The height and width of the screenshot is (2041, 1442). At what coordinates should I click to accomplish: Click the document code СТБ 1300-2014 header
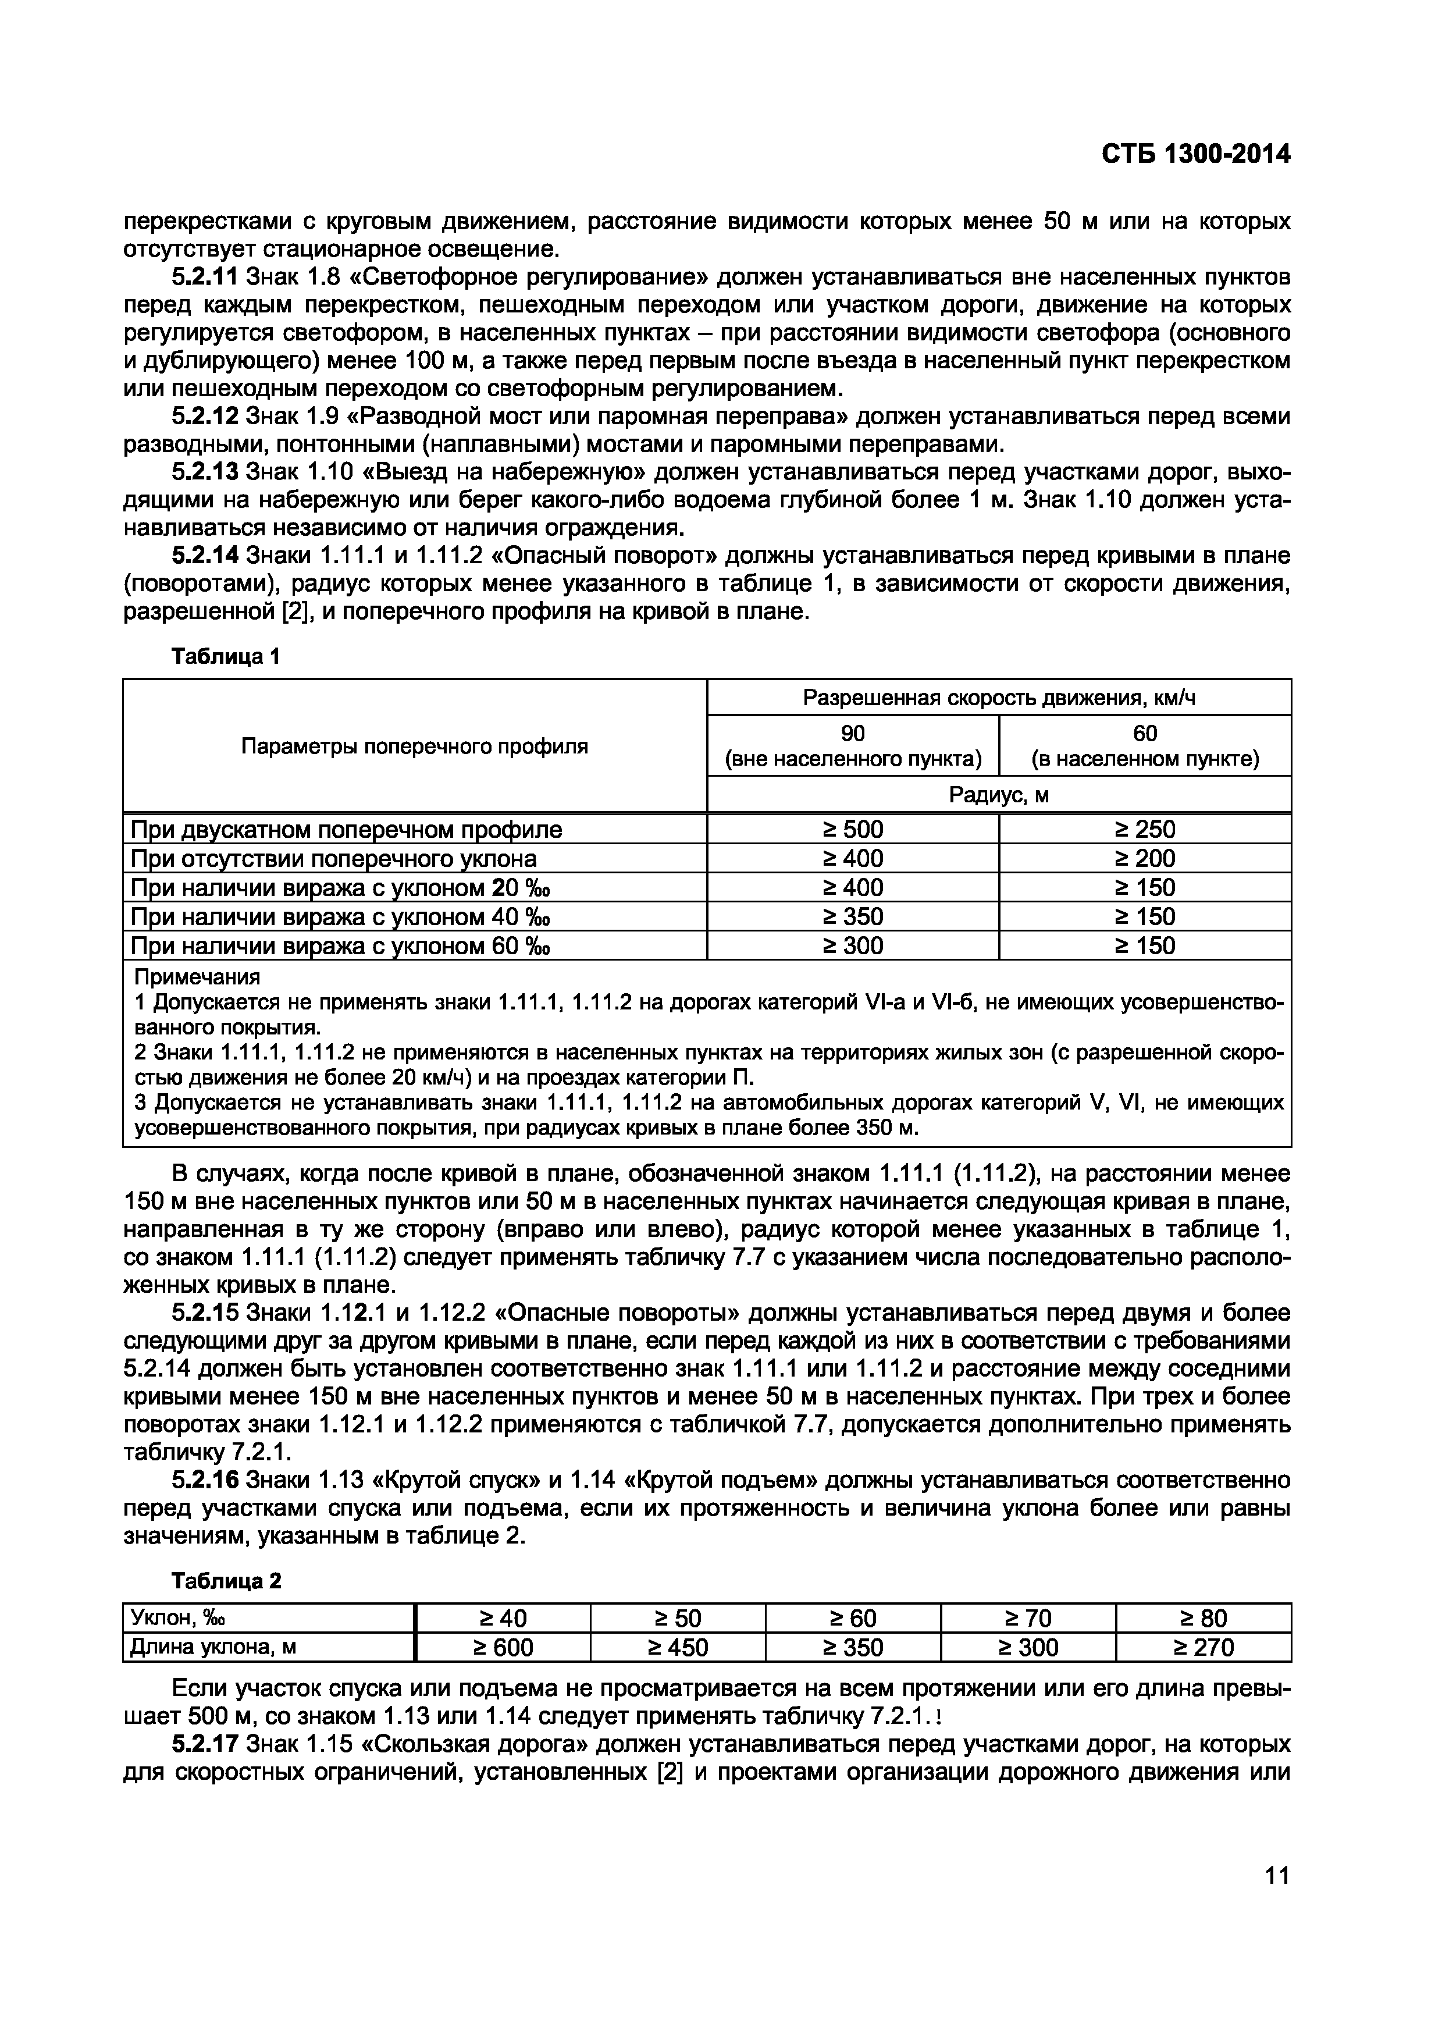pyautogui.click(x=1195, y=155)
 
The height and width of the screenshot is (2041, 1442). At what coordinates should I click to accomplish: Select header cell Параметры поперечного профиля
pyautogui.click(x=414, y=746)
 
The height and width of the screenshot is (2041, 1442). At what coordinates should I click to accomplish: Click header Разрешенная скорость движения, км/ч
pyautogui.click(x=999, y=698)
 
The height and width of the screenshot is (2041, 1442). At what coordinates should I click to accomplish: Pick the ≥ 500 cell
pyautogui.click(x=852, y=830)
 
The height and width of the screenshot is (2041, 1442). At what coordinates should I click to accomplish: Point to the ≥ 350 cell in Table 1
pyautogui.click(x=852, y=916)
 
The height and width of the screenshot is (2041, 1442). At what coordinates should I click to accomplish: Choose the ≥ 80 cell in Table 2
pyautogui.click(x=1203, y=1618)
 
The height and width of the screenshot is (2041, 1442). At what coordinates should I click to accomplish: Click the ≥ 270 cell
pyautogui.click(x=1203, y=1648)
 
